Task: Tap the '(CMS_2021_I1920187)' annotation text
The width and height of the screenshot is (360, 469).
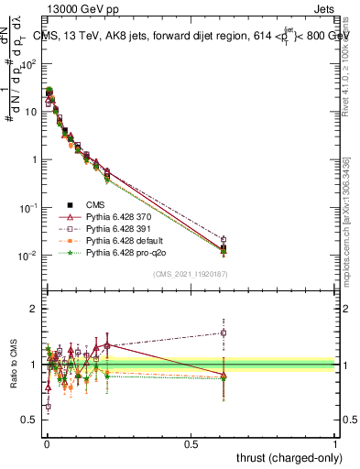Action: [191, 273]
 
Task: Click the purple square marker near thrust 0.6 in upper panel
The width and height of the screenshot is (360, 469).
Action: [224, 240]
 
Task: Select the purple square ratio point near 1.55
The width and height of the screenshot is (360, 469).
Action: [224, 333]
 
